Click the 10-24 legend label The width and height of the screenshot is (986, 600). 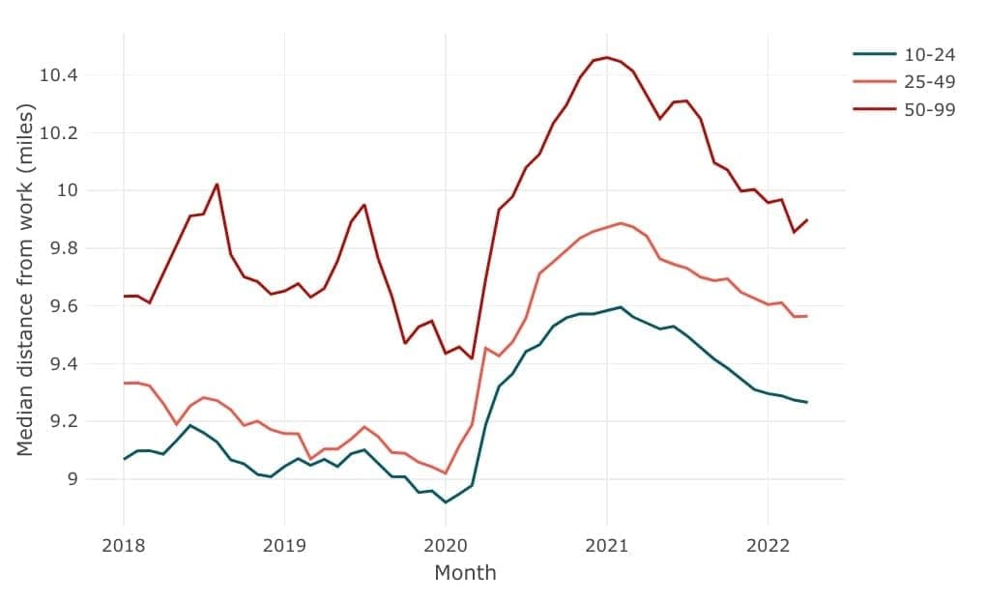tap(929, 55)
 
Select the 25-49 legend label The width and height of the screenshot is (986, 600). tap(929, 82)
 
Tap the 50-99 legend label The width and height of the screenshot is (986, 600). tap(929, 109)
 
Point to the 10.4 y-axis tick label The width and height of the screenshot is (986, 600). tap(58, 75)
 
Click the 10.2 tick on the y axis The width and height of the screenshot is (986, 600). tap(58, 133)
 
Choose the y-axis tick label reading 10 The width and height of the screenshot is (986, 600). tap(68, 190)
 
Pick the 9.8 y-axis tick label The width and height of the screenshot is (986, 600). tap(64, 248)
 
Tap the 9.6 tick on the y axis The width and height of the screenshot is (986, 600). tap(64, 306)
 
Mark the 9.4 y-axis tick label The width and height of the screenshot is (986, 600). tap(64, 364)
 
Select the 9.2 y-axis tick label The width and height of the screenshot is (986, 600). tap(64, 421)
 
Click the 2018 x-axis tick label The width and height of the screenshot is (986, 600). tap(124, 545)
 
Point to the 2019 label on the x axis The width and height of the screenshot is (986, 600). tap(284, 545)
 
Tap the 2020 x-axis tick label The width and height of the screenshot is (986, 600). tap(446, 545)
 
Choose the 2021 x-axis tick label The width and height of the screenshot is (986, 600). tap(607, 545)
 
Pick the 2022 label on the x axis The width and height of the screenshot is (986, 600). tap(768, 545)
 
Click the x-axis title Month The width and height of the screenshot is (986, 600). tap(465, 573)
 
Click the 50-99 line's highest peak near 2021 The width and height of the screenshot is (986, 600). tap(607, 57)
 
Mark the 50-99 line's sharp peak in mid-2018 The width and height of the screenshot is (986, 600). tap(217, 185)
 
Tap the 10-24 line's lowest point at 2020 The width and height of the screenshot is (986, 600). tap(446, 502)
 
